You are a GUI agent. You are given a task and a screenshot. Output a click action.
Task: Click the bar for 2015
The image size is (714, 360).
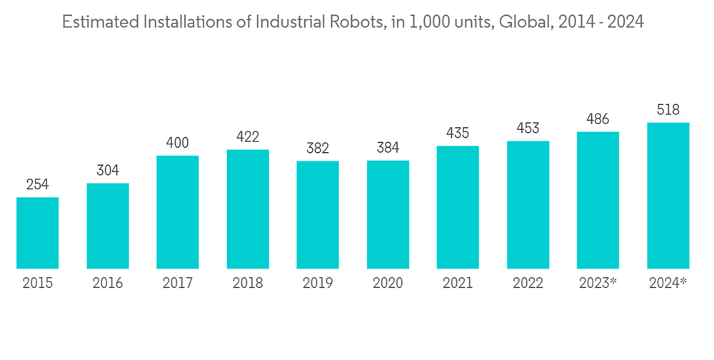tap(37, 233)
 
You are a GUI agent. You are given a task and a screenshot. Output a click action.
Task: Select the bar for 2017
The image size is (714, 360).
tap(177, 212)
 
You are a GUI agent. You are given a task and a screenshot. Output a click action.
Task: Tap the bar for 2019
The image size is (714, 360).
tap(318, 215)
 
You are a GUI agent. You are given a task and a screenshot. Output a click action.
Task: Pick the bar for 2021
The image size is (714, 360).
tap(458, 207)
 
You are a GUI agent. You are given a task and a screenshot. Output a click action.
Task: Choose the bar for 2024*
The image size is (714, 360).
tap(668, 196)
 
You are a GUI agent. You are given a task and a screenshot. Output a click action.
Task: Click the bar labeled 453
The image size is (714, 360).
tap(528, 205)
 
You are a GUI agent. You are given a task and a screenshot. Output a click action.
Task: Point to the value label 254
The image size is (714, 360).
tap(37, 185)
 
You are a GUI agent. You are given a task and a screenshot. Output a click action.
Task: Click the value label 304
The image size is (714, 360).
tap(107, 171)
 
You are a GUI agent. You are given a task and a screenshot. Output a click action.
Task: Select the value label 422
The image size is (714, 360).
tap(247, 137)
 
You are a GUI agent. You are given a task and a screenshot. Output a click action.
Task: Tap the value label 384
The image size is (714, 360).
tap(388, 148)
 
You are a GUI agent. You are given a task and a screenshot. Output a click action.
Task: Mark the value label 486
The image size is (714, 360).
tap(598, 119)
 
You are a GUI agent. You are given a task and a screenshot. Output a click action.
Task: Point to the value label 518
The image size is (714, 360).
tap(668, 110)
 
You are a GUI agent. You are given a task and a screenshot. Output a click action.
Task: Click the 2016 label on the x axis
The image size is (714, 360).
tap(107, 284)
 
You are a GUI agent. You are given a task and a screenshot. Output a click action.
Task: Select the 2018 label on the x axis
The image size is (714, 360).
tap(247, 284)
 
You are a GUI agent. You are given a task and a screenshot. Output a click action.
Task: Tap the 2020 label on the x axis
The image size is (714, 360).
tap(388, 284)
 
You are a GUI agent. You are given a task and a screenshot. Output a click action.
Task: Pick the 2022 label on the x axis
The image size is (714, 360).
tap(528, 284)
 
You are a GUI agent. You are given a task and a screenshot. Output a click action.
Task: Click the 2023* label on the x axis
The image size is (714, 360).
tap(598, 284)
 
